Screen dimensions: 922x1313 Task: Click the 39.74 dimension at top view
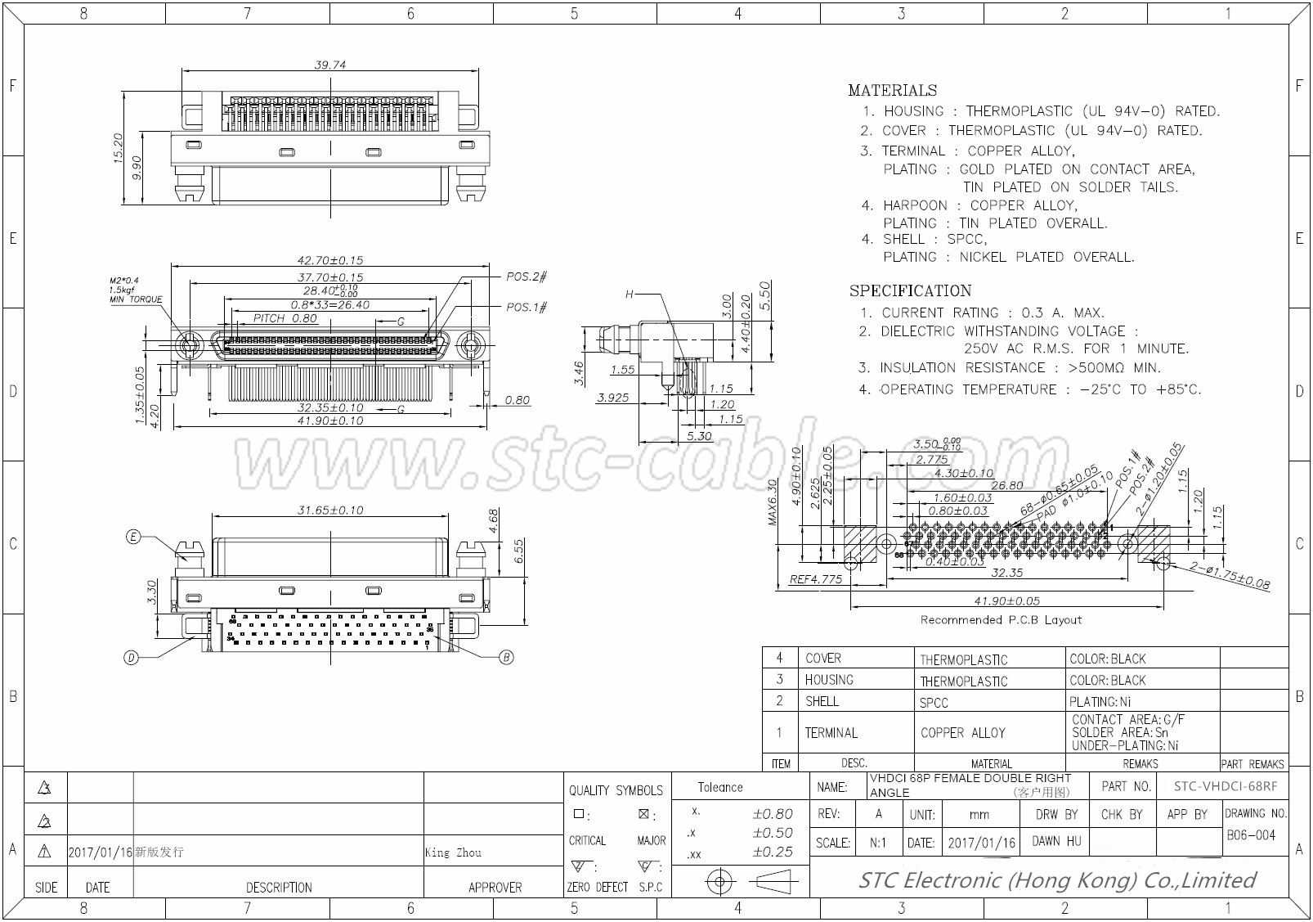(329, 65)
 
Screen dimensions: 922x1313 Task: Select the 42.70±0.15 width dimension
(329, 260)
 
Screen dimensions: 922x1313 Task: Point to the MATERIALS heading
(892, 91)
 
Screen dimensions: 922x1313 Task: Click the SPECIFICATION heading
(910, 291)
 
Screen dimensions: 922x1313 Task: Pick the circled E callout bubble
(133, 537)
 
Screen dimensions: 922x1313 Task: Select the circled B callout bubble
(506, 657)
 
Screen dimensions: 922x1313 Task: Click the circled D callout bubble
(131, 657)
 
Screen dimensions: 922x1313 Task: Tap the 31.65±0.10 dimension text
(329, 510)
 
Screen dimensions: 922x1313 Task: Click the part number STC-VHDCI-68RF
(1225, 786)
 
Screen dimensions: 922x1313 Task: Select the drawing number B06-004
(1251, 835)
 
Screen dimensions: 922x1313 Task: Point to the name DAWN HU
(1056, 841)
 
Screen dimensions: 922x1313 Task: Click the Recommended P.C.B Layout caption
(1001, 620)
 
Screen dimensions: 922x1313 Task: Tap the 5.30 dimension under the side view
(699, 436)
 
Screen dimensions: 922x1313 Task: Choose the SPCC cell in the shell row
(934, 703)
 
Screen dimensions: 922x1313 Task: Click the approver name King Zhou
(453, 852)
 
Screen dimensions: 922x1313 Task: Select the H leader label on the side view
(629, 294)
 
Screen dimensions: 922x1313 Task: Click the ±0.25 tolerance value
(772, 852)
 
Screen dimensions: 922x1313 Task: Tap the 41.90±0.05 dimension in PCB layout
(1006, 601)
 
